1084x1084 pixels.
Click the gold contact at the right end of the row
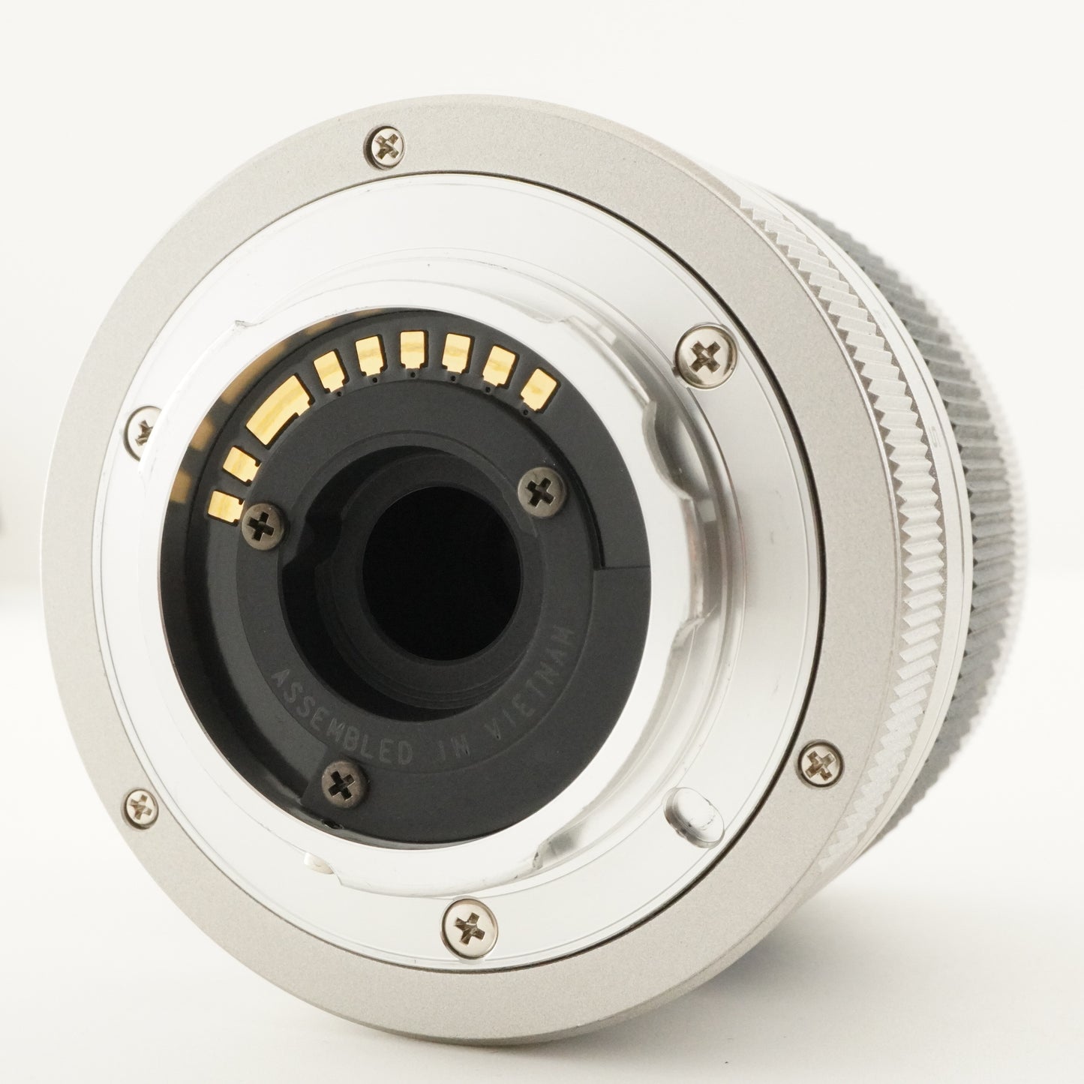point(539,388)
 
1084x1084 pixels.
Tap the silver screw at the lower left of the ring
point(140,807)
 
